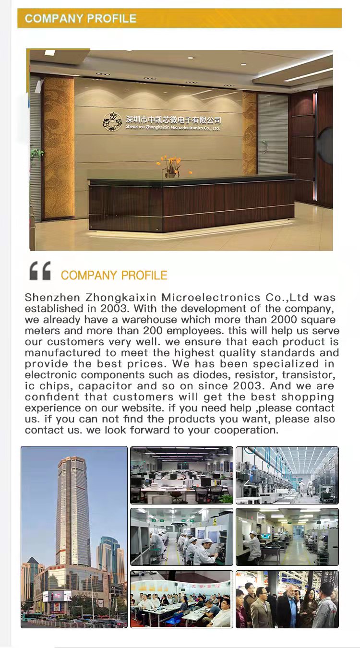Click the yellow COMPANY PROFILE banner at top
point(179,19)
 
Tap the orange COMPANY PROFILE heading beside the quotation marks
point(114,276)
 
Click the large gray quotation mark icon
point(40,271)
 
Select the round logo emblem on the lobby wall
point(112,121)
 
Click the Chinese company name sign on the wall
point(173,120)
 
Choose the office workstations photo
point(181,475)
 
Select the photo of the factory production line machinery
point(287,475)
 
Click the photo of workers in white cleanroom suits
point(181,537)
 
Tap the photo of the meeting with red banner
point(181,599)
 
